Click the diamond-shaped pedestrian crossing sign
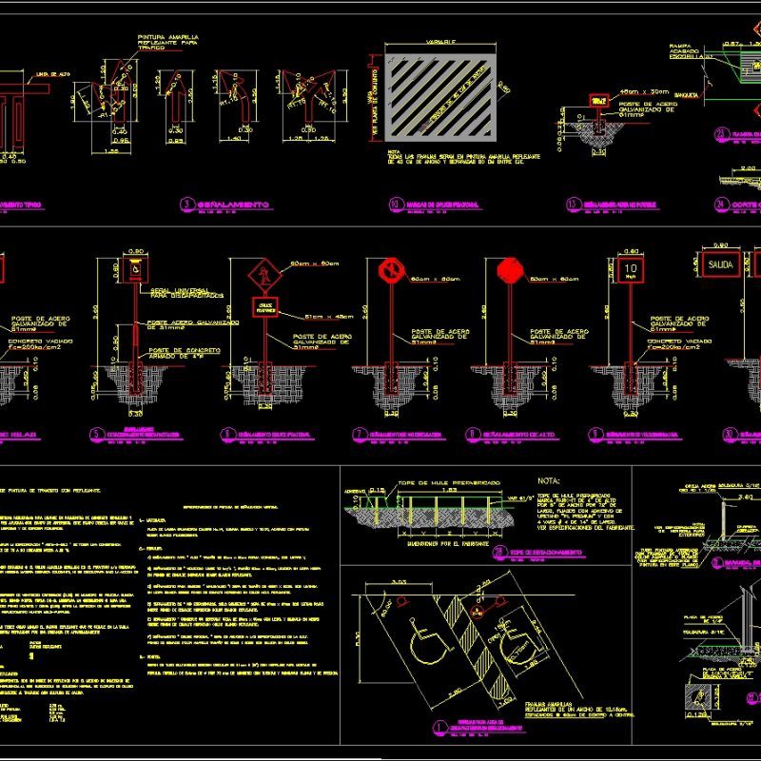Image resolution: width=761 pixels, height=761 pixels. (263, 277)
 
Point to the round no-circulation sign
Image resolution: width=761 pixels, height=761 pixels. (389, 271)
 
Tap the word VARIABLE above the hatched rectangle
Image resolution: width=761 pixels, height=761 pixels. (439, 43)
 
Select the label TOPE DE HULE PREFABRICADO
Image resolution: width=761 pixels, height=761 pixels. (438, 482)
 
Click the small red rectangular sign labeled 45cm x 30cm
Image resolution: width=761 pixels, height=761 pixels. (599, 99)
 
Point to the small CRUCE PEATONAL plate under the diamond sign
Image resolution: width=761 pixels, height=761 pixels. (263, 307)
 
